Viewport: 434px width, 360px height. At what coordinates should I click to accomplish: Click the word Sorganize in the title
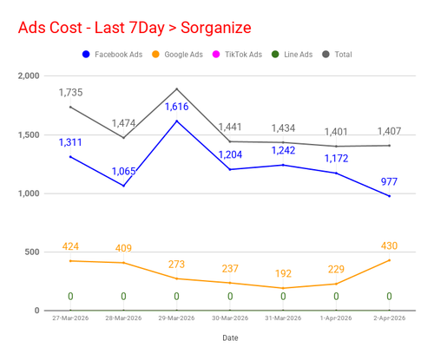pyautogui.click(x=216, y=28)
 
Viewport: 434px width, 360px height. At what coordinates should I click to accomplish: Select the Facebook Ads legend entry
pyautogui.click(x=113, y=55)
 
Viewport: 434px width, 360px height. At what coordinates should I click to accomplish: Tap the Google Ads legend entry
pyautogui.click(x=177, y=55)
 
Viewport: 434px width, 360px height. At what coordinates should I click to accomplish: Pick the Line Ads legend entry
pyautogui.click(x=293, y=55)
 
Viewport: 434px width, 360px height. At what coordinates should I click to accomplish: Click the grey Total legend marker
pyautogui.click(x=325, y=55)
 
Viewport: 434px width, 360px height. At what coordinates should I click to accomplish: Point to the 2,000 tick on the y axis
pyautogui.click(x=29, y=75)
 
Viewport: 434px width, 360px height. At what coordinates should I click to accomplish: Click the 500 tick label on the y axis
pyautogui.click(x=32, y=252)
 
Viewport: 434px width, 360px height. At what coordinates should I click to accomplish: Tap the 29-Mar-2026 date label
pyautogui.click(x=176, y=318)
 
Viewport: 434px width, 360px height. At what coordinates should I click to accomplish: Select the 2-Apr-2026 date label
pyautogui.click(x=389, y=318)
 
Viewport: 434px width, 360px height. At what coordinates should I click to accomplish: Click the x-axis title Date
pyautogui.click(x=230, y=337)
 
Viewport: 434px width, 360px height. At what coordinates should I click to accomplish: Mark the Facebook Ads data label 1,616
pyautogui.click(x=177, y=107)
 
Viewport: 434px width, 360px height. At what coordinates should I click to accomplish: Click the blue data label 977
pyautogui.click(x=389, y=181)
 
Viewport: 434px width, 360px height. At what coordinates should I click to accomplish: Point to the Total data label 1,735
pyautogui.click(x=70, y=93)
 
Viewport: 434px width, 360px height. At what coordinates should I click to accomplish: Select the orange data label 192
pyautogui.click(x=283, y=273)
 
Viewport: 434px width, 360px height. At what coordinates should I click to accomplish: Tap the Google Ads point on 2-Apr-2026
pyautogui.click(x=389, y=260)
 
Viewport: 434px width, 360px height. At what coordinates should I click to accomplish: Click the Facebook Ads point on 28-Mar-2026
pyautogui.click(x=123, y=186)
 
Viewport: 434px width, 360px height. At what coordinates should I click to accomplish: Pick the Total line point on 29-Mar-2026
pyautogui.click(x=177, y=88)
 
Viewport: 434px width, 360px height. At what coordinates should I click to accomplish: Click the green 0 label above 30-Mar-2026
pyautogui.click(x=230, y=297)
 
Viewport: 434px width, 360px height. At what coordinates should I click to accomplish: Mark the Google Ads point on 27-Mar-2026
pyautogui.click(x=70, y=261)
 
